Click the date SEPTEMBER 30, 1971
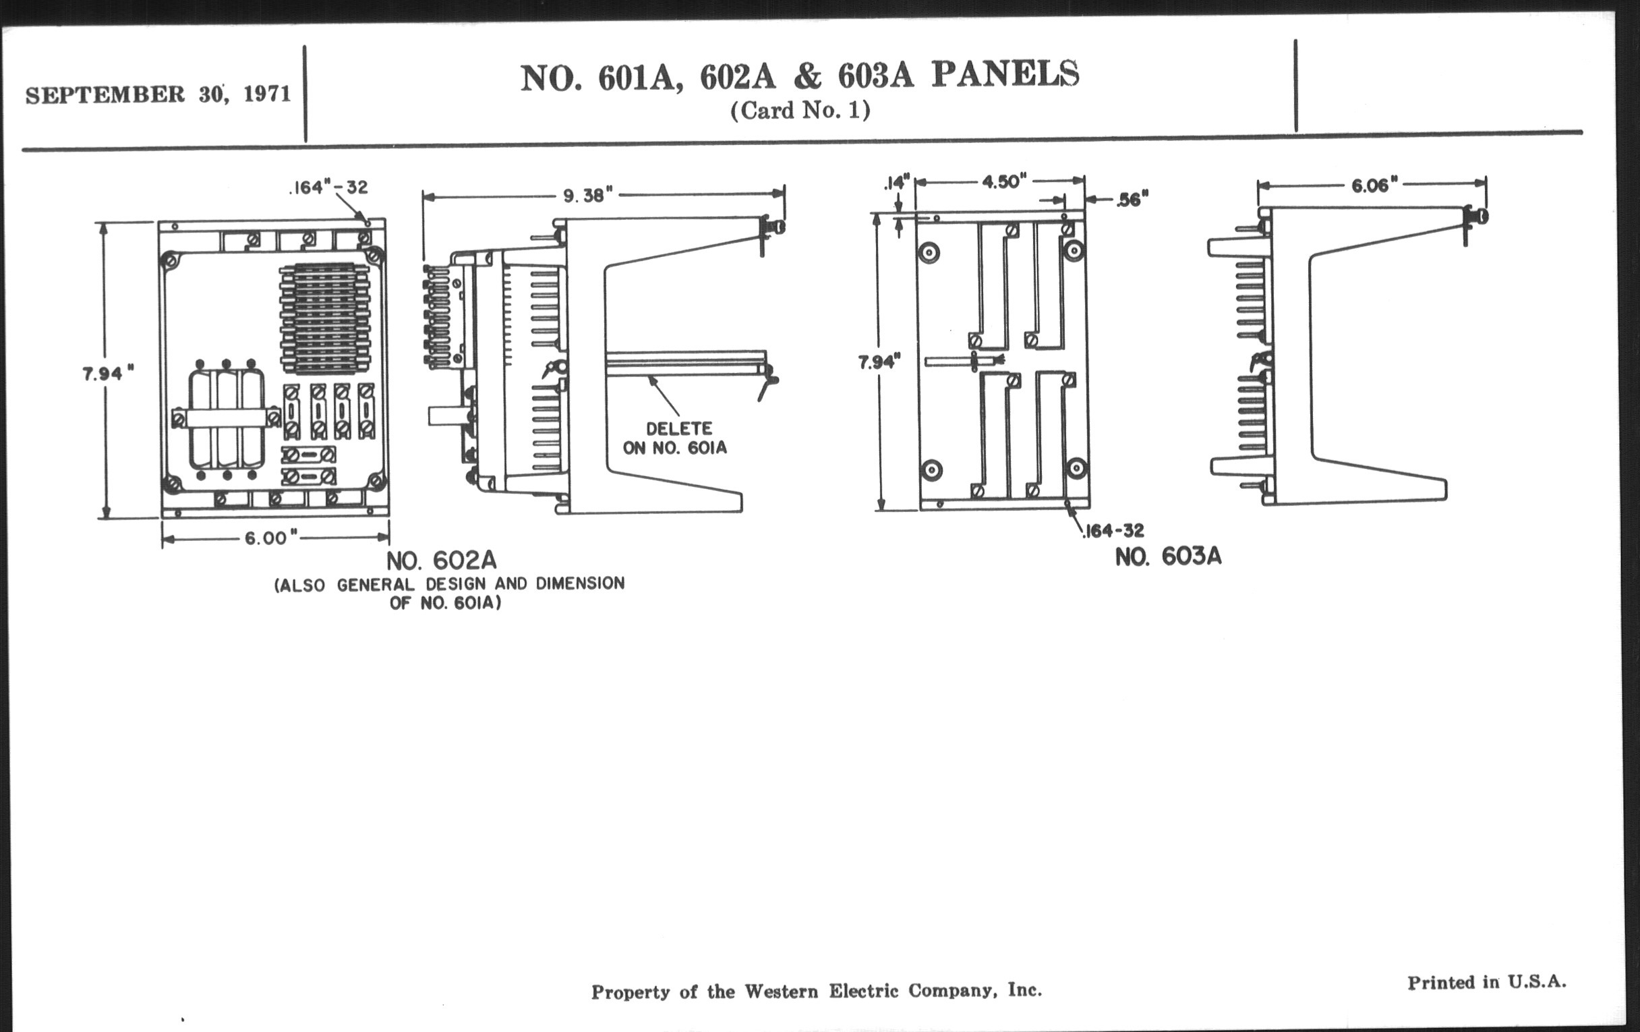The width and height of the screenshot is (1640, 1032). (158, 94)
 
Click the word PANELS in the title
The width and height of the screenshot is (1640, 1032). (1005, 75)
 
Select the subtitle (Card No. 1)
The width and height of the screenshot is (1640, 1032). (800, 111)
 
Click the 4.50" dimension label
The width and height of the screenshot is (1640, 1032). (1003, 181)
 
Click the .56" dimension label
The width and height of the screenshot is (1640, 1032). (1133, 200)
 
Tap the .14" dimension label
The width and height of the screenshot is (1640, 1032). (897, 183)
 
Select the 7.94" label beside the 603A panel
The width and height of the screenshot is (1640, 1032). (879, 362)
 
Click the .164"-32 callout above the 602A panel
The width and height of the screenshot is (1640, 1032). (328, 188)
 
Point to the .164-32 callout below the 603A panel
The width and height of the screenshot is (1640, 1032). (1113, 531)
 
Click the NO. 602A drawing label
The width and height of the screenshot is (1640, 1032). (441, 561)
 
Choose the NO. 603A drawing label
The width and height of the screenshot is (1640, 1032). (1168, 557)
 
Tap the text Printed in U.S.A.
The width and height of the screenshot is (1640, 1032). (1487, 982)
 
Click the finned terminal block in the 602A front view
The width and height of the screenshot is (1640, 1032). (325, 319)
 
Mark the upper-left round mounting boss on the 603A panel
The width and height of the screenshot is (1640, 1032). (929, 253)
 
